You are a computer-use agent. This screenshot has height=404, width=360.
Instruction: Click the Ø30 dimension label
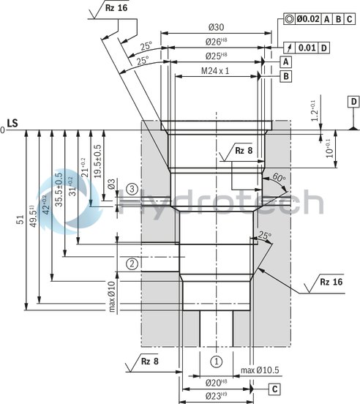click(x=215, y=27)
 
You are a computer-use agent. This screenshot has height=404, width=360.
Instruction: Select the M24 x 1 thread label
click(x=215, y=71)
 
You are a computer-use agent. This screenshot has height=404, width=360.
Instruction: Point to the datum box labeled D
click(x=353, y=101)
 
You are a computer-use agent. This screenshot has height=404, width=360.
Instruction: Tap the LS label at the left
click(x=12, y=123)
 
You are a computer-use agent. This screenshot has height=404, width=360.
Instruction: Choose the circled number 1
click(x=216, y=361)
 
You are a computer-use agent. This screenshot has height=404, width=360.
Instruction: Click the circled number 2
click(x=132, y=263)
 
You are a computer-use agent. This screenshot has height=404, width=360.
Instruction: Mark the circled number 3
click(x=132, y=189)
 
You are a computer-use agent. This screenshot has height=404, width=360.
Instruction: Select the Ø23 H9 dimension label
click(x=215, y=397)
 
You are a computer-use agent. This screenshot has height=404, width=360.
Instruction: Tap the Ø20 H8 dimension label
click(x=215, y=383)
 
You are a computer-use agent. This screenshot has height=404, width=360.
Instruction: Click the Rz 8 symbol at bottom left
click(x=149, y=361)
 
